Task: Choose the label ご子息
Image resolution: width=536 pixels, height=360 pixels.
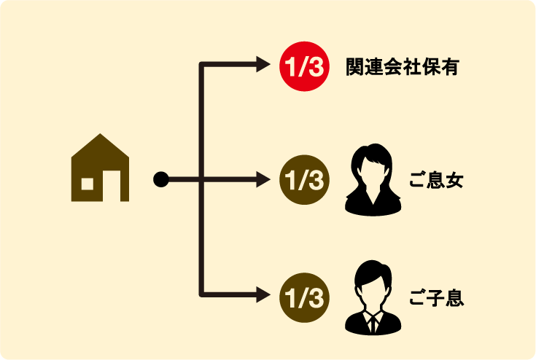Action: (x=436, y=298)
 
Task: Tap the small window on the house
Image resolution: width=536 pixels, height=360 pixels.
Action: (x=88, y=183)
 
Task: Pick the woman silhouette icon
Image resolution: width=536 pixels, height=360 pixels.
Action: (x=373, y=179)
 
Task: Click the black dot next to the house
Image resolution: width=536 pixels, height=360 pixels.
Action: (x=160, y=179)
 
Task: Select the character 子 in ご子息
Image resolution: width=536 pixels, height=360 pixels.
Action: (x=436, y=298)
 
